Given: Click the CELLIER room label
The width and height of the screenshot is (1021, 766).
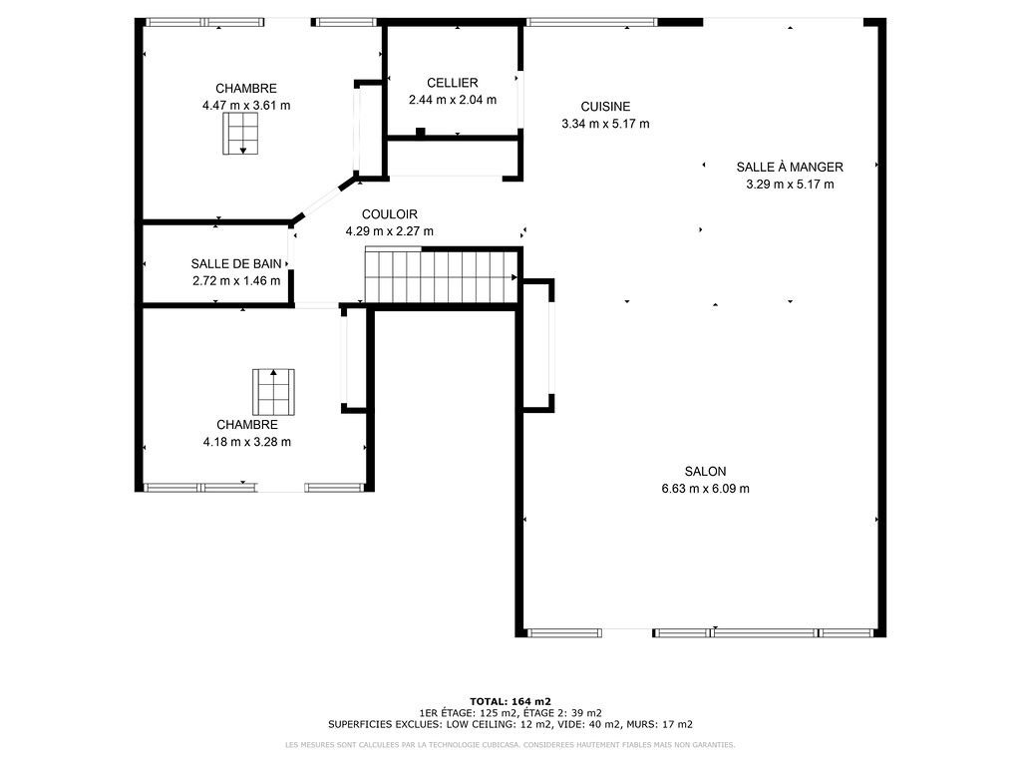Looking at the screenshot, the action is pyautogui.click(x=453, y=83).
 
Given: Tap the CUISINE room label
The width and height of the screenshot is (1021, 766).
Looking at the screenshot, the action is pyautogui.click(x=605, y=107).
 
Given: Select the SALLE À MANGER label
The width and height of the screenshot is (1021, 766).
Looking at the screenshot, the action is pyautogui.click(x=790, y=167).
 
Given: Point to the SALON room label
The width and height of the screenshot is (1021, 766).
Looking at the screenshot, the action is pyautogui.click(x=705, y=472).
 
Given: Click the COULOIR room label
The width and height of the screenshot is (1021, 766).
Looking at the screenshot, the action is pyautogui.click(x=390, y=214).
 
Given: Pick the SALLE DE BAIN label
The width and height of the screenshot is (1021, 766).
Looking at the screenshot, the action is pyautogui.click(x=236, y=263).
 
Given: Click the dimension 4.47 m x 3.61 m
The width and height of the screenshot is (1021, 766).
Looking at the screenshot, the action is pyautogui.click(x=246, y=106).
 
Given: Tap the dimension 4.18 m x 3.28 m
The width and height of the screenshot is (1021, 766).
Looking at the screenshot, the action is pyautogui.click(x=247, y=442).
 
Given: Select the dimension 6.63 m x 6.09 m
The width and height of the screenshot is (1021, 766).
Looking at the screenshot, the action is pyautogui.click(x=705, y=489).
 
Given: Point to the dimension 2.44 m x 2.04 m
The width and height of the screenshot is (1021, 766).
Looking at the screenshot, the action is pyautogui.click(x=453, y=100).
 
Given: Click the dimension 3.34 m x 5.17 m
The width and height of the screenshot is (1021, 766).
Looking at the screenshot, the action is pyautogui.click(x=605, y=124).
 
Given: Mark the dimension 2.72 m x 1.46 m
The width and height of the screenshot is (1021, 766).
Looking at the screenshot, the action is pyautogui.click(x=236, y=280).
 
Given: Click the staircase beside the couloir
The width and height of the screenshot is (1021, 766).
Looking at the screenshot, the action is pyautogui.click(x=442, y=276).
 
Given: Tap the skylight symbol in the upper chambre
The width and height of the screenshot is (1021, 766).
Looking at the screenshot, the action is pyautogui.click(x=240, y=134).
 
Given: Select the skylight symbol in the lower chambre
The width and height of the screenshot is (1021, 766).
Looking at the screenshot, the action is pyautogui.click(x=273, y=392).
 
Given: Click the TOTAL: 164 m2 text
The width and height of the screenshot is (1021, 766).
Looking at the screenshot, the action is pyautogui.click(x=510, y=701).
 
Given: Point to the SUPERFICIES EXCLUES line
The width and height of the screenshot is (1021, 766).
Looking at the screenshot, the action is pyautogui.click(x=510, y=724).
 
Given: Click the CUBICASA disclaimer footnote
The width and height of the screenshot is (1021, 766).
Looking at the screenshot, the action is pyautogui.click(x=510, y=744).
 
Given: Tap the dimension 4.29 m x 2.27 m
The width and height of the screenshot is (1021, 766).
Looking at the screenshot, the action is pyautogui.click(x=390, y=231).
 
